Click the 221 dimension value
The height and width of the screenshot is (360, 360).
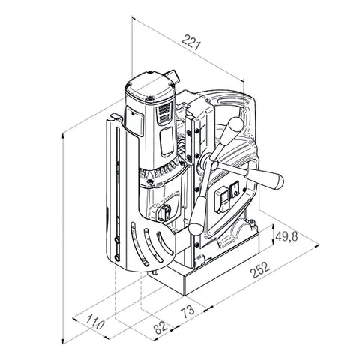click(191, 42)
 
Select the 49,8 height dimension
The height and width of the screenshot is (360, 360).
click(286, 236)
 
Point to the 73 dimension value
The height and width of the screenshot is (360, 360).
click(188, 311)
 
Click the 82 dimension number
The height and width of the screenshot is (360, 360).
click(160, 327)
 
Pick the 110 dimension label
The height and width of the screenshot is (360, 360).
click(95, 322)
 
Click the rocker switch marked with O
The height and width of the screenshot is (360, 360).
click(235, 189)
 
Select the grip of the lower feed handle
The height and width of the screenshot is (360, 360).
click(197, 215)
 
